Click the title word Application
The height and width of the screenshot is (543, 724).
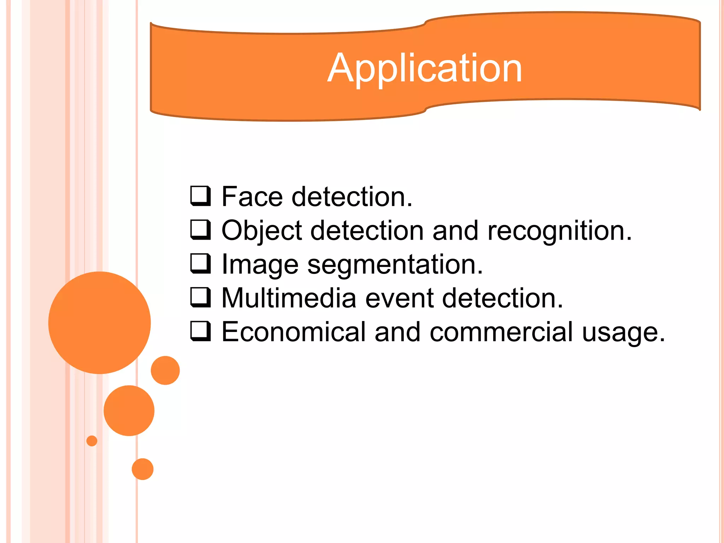click(x=425, y=68)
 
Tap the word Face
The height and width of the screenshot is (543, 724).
click(x=252, y=197)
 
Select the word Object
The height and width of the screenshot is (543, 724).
click(x=262, y=231)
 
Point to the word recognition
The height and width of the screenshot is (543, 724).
click(x=559, y=231)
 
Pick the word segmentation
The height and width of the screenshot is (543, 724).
click(x=395, y=264)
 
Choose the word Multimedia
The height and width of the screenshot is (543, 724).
click(x=288, y=298)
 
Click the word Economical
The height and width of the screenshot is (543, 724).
click(x=293, y=332)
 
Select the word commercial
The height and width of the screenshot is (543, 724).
click(x=501, y=332)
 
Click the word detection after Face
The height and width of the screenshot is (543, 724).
click(x=352, y=197)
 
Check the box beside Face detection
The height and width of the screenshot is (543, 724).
click(x=200, y=195)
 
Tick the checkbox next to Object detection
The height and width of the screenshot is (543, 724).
click(x=200, y=229)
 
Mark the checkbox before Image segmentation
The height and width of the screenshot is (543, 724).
click(x=200, y=263)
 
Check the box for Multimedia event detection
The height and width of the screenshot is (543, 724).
click(x=200, y=297)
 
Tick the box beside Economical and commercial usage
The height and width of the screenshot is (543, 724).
click(x=200, y=331)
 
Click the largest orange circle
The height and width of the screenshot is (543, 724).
click(x=99, y=322)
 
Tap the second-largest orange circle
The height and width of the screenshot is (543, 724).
click(x=129, y=410)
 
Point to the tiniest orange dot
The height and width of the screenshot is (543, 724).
click(x=92, y=441)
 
